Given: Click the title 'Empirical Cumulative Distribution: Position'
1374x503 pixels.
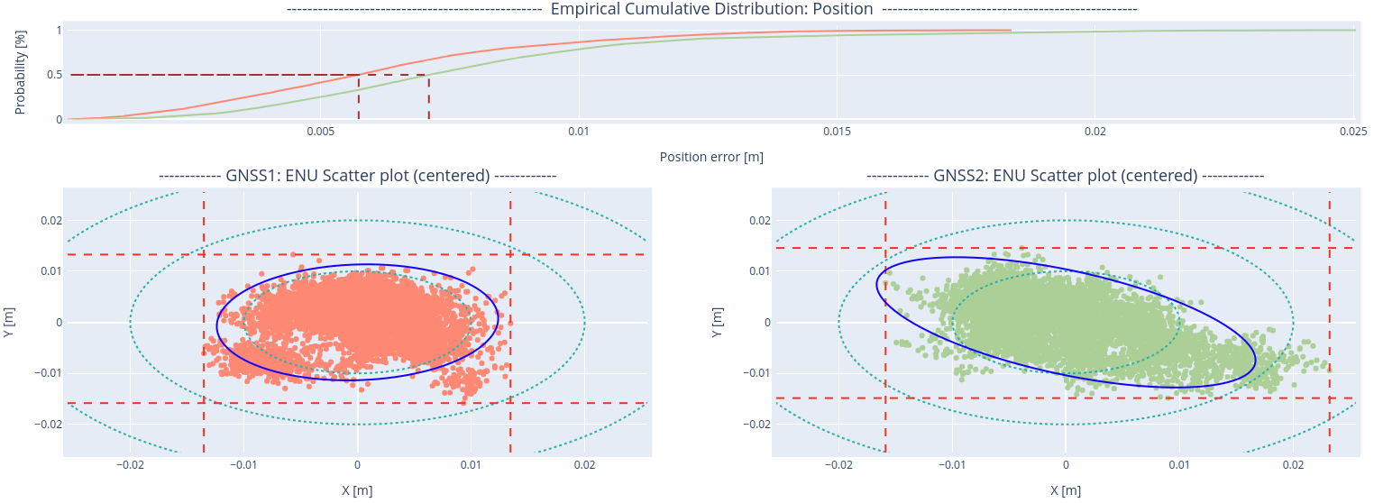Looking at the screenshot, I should [711, 9].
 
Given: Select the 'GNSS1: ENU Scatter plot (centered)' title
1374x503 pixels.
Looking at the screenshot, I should [357, 176].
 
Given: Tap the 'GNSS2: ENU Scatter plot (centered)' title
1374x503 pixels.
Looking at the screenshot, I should [1065, 176].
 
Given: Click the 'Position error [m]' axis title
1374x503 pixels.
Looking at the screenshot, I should [711, 157].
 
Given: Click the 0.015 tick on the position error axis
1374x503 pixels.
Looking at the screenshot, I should [837, 132].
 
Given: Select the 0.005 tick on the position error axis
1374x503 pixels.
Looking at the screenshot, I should [321, 132].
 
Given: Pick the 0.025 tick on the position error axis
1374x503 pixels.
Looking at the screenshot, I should [1354, 132].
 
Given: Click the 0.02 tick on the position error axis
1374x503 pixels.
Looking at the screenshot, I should [1095, 132].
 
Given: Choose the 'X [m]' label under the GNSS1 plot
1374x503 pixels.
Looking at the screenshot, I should [357, 490].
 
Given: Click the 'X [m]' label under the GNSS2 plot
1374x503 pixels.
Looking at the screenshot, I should [1065, 490].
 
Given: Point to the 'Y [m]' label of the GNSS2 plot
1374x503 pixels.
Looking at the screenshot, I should [716, 322].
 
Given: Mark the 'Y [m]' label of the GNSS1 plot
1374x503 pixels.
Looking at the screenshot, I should [8, 322].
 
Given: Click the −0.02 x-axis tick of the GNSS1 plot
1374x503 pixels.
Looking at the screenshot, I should [131, 465].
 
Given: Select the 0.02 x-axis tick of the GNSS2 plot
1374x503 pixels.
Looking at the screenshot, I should [1293, 465].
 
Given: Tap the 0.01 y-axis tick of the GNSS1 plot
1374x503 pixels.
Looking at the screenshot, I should [48, 271].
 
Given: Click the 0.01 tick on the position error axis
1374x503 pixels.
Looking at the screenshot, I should [579, 132].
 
